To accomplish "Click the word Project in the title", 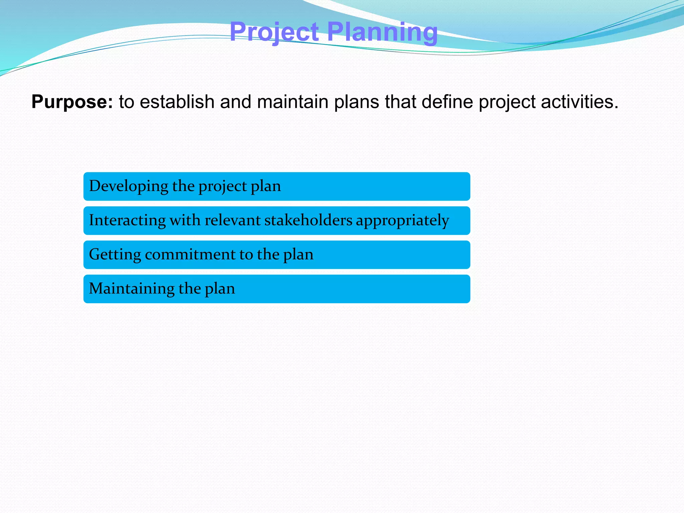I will (274, 32).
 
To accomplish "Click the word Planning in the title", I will (382, 32).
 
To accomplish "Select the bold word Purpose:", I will (72, 102).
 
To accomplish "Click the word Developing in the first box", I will (129, 186).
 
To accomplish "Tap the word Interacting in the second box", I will (127, 220).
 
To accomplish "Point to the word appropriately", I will (402, 220).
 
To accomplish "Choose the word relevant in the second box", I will (232, 220).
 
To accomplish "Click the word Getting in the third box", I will (115, 254).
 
